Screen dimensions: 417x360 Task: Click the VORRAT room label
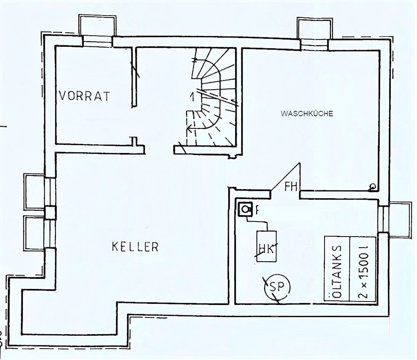click(x=84, y=96)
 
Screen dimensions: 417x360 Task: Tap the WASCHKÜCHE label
click(x=306, y=113)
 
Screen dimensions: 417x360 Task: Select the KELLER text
click(x=135, y=247)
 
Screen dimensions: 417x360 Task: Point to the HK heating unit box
click(x=266, y=247)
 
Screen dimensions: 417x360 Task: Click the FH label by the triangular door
click(x=291, y=187)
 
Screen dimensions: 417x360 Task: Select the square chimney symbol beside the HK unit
click(x=245, y=209)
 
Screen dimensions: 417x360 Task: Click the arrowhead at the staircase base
click(x=189, y=129)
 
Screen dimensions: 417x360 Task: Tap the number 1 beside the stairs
click(x=192, y=96)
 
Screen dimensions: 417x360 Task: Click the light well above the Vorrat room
click(x=97, y=26)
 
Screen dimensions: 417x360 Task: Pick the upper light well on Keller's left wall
click(x=34, y=191)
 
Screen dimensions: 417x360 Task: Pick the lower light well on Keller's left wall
click(x=34, y=233)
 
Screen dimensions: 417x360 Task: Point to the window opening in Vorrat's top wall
click(x=97, y=41)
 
